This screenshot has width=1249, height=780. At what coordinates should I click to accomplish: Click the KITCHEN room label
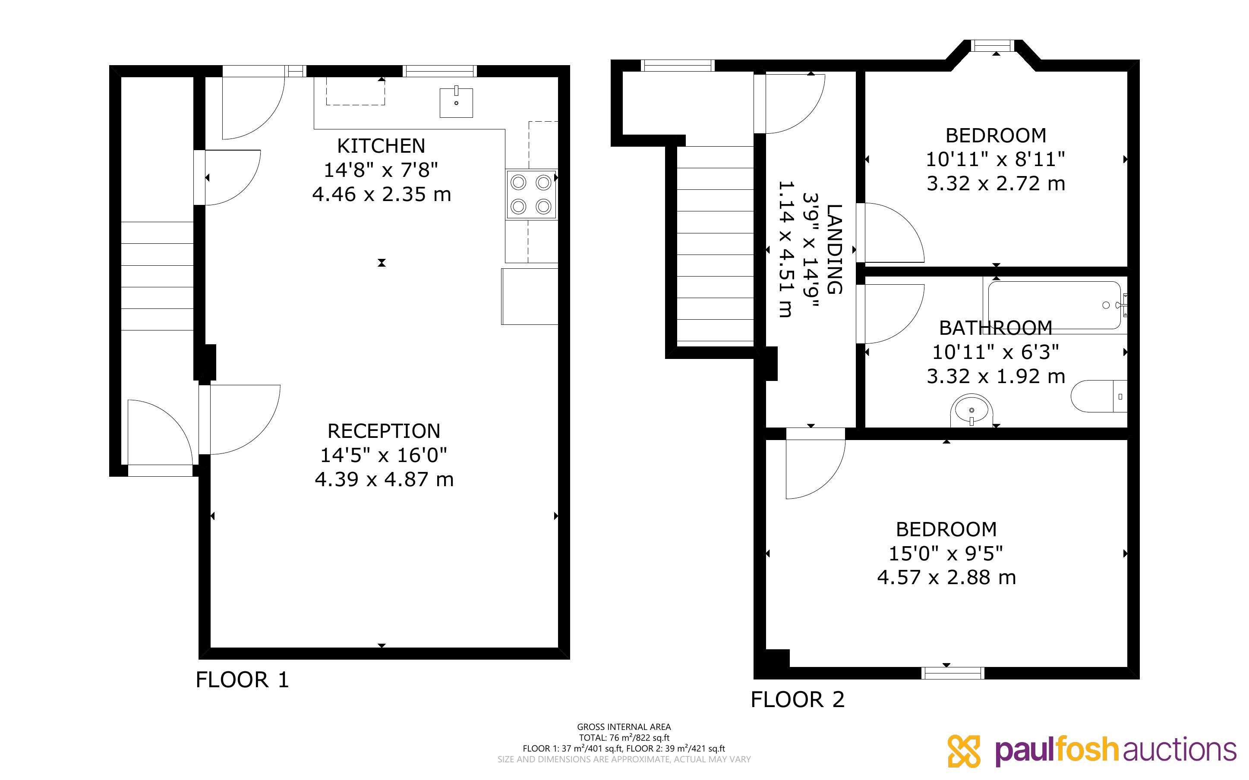click(381, 146)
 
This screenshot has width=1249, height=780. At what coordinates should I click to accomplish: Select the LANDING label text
click(834, 249)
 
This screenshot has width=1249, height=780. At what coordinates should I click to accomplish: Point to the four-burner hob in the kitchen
click(531, 195)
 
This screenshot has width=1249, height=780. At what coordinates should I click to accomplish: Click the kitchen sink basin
click(456, 102)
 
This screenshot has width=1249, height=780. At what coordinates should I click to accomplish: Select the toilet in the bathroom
click(1099, 396)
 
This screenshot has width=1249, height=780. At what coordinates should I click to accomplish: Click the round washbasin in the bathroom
click(971, 411)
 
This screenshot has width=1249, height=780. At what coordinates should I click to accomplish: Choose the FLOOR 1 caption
click(243, 680)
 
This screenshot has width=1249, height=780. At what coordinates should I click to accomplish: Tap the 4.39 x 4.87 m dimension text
click(384, 480)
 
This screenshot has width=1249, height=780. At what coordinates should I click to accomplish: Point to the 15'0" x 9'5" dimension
click(946, 554)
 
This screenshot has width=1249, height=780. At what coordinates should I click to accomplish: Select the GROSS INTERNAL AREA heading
click(624, 727)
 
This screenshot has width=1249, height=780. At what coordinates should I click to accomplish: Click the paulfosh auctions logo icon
click(964, 751)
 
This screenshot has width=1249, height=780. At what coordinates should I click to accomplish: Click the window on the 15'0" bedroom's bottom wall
click(953, 673)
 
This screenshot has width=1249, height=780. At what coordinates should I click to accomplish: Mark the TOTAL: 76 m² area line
click(624, 738)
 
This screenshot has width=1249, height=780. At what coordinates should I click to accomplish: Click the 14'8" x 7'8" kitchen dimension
click(381, 170)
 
